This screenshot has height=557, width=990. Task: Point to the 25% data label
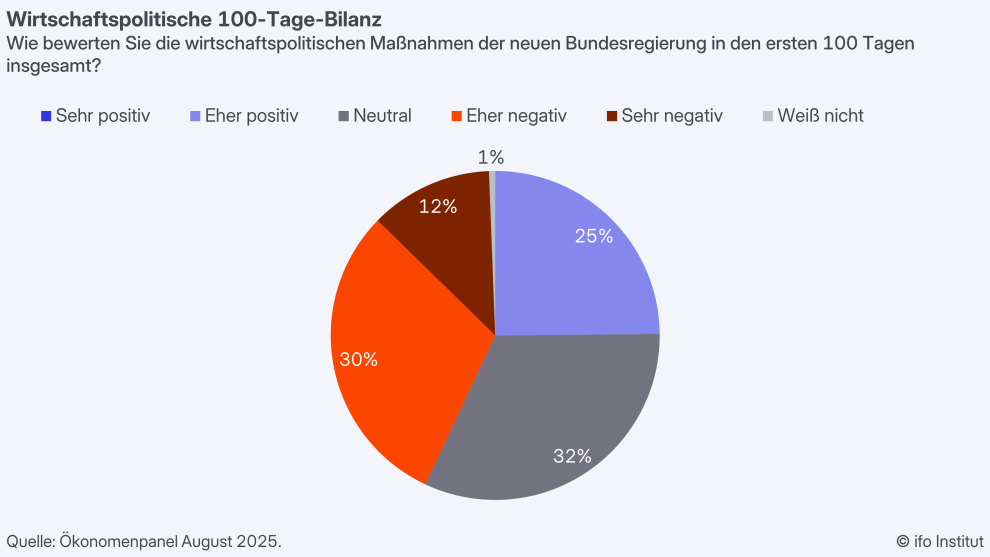coord(594,236)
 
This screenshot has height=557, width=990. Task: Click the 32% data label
coord(573,456)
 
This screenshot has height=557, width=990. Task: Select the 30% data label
coord(358,359)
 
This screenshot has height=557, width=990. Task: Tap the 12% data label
coord(438,206)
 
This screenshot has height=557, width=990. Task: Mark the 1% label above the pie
coord(491,157)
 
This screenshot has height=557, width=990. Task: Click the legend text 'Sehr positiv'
coord(103,115)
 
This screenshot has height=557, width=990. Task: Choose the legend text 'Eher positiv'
coord(251,115)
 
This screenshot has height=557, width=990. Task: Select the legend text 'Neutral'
coord(382,115)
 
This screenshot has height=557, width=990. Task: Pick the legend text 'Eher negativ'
coord(516,115)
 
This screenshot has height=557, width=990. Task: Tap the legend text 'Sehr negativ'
coord(671,115)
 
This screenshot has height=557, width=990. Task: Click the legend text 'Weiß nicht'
coord(822,115)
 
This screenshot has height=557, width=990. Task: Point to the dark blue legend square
coord(46,116)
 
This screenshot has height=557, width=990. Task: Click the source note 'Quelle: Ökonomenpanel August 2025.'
coord(144,541)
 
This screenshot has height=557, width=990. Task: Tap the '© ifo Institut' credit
coord(939,541)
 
